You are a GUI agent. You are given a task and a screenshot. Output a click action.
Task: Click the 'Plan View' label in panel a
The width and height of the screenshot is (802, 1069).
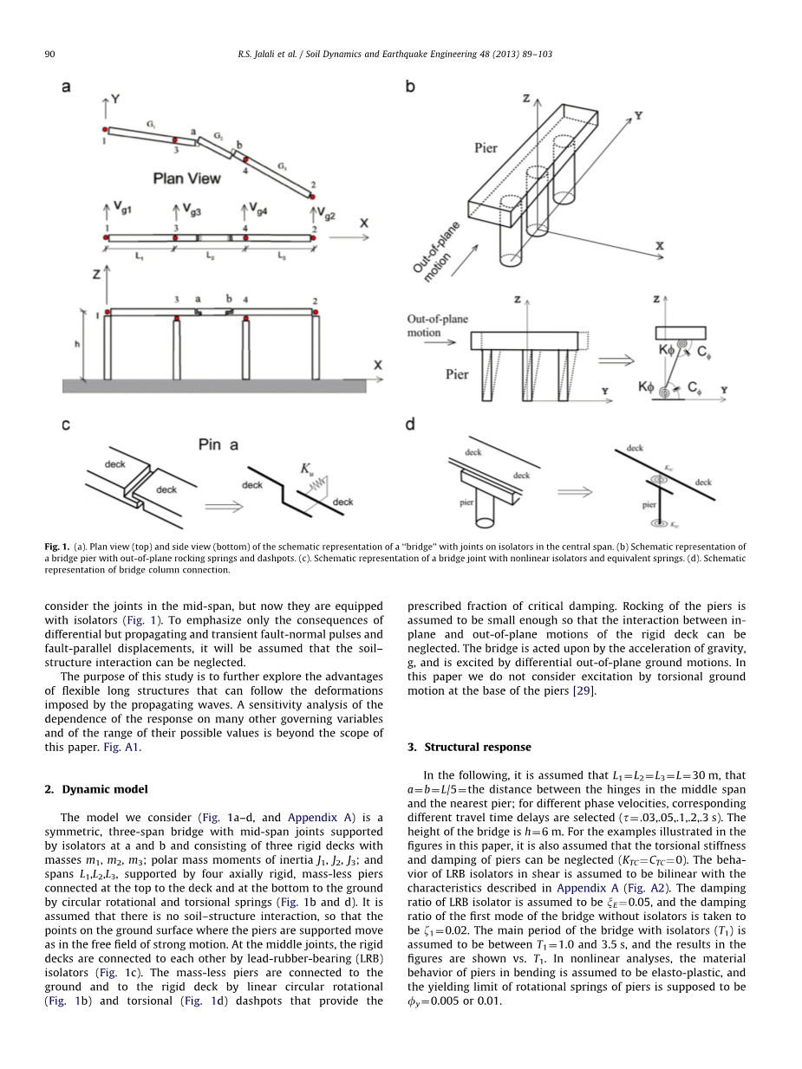tap(186, 178)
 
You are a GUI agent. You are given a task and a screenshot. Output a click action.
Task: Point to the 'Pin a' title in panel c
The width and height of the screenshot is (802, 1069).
tap(218, 444)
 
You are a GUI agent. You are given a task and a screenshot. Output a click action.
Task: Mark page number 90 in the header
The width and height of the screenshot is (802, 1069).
tap(49, 54)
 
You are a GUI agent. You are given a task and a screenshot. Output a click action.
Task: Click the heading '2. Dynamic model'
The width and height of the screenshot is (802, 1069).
tap(96, 789)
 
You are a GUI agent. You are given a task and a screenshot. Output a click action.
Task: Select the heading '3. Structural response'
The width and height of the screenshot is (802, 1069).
tap(469, 747)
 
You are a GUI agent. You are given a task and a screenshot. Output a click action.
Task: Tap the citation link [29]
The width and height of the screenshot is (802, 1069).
tap(584, 690)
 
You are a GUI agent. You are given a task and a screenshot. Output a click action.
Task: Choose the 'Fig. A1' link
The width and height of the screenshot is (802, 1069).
tap(121, 747)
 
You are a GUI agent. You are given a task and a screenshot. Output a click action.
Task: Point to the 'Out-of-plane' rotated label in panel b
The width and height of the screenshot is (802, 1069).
tap(435, 248)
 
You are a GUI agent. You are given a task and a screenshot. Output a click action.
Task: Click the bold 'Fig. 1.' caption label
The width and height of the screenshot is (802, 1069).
tap(57, 547)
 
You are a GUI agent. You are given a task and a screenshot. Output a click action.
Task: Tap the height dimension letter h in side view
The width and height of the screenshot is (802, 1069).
tap(77, 344)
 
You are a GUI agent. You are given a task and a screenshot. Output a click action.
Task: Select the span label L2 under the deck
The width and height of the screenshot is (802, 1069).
tap(210, 256)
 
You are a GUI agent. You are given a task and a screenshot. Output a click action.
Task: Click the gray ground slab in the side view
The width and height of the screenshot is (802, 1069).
tap(214, 385)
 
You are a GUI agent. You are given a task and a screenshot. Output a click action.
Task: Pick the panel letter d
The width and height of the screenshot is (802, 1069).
tap(410, 424)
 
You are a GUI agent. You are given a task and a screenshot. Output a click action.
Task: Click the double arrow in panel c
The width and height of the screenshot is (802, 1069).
tap(224, 507)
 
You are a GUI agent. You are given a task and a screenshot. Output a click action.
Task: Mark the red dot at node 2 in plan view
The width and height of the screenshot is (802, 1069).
tap(312, 197)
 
